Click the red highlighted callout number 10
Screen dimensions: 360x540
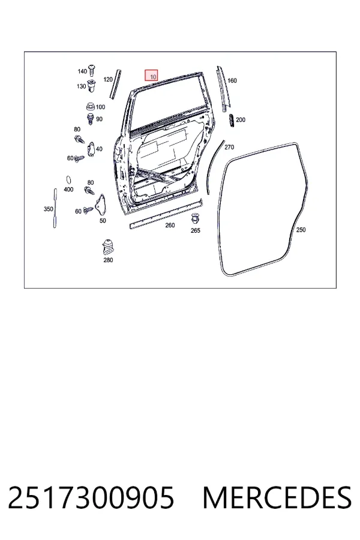tap(151, 76)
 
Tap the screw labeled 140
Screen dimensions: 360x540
tap(92, 70)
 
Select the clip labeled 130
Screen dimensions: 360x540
tap(92, 85)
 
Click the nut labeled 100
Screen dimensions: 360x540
tap(90, 107)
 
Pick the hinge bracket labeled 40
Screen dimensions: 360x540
tap(91, 149)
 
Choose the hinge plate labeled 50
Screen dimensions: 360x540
tap(101, 205)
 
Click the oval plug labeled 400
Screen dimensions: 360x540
tap(68, 181)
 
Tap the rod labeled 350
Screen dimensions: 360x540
tap(55, 208)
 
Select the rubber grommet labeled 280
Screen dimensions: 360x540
tap(108, 247)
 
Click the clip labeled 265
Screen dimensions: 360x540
tap(195, 218)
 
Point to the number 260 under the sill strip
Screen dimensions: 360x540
tap(170, 225)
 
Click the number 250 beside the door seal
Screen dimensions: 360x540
tap(301, 230)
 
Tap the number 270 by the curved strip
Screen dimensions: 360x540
tap(229, 147)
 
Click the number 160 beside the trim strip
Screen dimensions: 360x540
tap(232, 80)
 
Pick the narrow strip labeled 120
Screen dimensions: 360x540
tap(115, 85)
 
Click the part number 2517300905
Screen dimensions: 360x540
tap(91, 498)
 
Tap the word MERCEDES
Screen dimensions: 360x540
tap(277, 498)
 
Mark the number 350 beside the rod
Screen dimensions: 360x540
tap(48, 209)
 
